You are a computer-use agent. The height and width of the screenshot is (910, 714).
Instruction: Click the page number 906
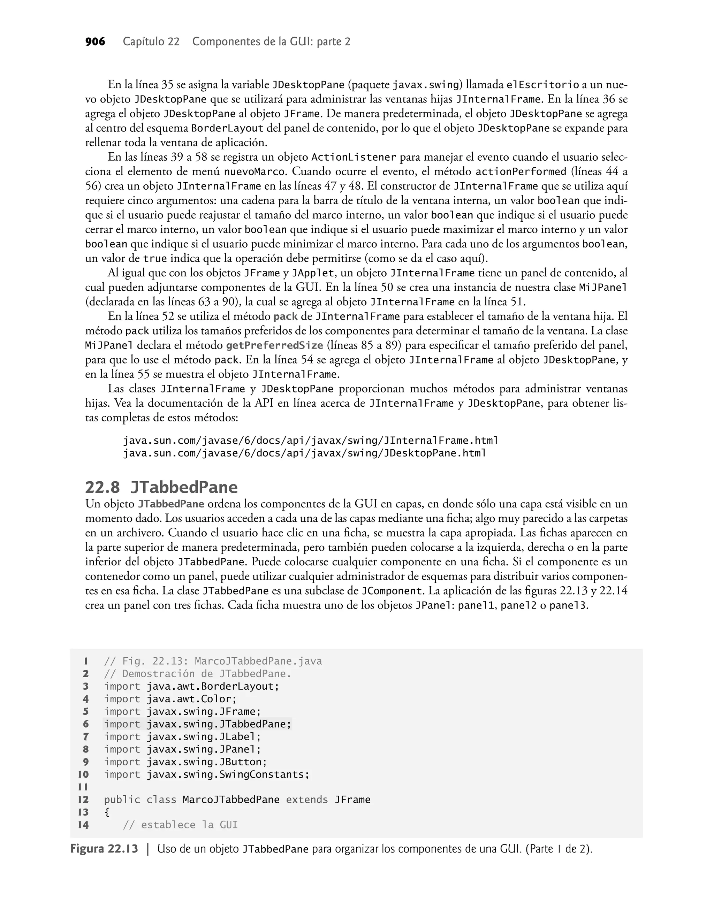click(95, 42)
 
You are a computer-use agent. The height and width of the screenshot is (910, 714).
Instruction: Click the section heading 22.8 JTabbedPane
click(161, 488)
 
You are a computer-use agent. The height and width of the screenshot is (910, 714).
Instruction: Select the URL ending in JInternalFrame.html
click(310, 441)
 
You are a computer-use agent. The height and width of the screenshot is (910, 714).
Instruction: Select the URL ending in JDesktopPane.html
click(304, 453)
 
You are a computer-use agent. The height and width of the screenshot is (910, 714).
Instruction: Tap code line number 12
click(83, 800)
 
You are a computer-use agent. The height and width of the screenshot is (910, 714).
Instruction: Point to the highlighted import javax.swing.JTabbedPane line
click(197, 724)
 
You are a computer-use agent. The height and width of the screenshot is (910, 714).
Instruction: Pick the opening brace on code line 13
click(107, 812)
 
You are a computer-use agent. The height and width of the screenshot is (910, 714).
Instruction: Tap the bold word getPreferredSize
click(274, 345)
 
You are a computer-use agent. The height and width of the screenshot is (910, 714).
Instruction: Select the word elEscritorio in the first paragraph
click(542, 85)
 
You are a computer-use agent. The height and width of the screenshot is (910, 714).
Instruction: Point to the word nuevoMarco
click(255, 172)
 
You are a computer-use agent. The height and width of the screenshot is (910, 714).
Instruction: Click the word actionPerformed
click(521, 172)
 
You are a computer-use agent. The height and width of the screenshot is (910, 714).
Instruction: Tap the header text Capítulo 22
click(151, 42)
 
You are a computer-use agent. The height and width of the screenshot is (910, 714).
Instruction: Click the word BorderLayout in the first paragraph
click(227, 128)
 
